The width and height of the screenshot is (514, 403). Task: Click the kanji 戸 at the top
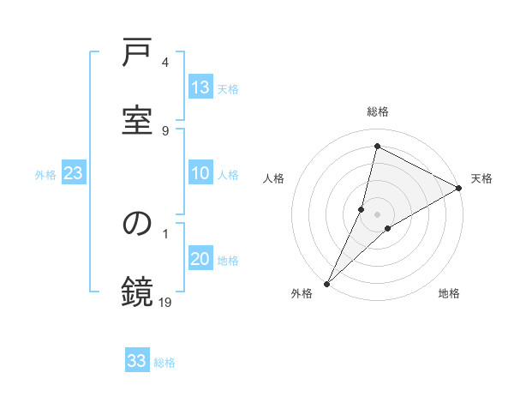[138, 56]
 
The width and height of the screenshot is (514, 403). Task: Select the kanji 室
[138, 121]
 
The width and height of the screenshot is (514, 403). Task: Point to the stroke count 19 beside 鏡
[166, 301]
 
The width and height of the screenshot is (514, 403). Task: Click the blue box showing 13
[200, 87]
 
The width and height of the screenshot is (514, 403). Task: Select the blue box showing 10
[200, 173]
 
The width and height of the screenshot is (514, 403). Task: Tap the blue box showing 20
[200, 259]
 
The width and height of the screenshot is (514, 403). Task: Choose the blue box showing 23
[73, 173]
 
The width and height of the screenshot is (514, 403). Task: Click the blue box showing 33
[137, 361]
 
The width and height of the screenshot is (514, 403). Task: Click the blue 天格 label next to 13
[228, 88]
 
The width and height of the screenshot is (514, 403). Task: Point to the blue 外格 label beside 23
[45, 174]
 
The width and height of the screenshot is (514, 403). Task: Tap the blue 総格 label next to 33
[164, 362]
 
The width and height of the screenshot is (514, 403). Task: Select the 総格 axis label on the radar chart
[377, 111]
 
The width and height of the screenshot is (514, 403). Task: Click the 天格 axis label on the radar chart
[481, 178]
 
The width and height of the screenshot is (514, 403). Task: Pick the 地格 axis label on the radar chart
[449, 293]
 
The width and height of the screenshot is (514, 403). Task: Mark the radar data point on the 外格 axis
[326, 283]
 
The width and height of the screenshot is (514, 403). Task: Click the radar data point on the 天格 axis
[459, 188]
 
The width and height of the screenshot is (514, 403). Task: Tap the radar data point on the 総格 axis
[377, 147]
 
